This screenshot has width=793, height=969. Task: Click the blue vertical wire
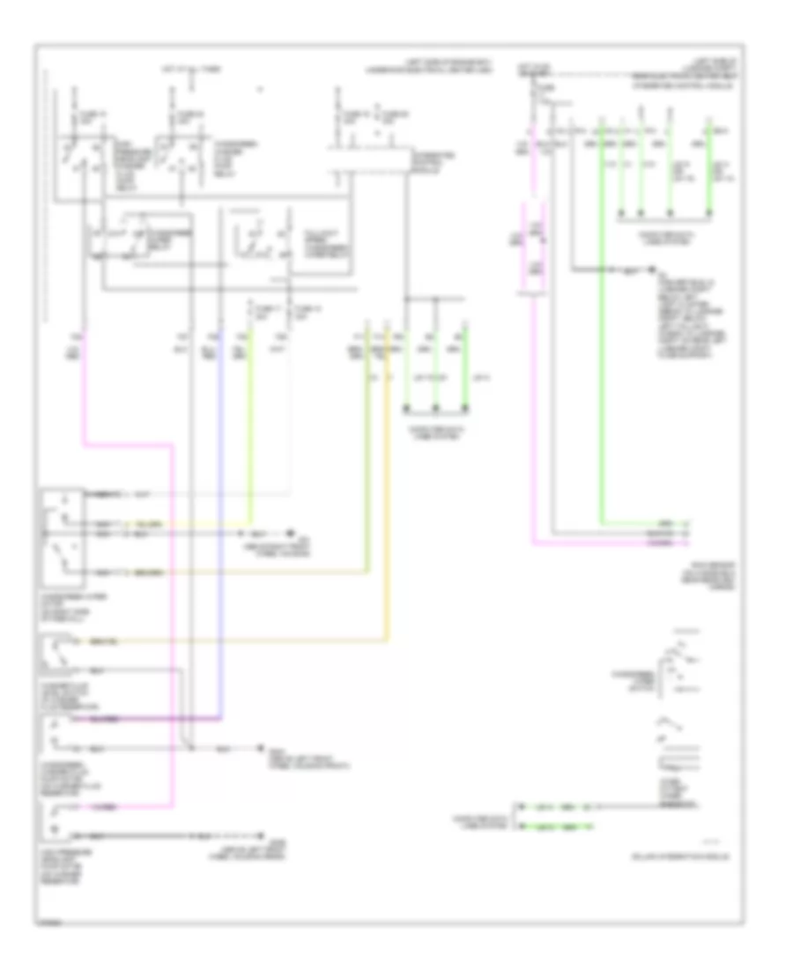point(220,529)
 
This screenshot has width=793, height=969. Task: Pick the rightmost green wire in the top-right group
point(712,176)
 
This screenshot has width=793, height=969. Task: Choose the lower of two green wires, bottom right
point(555,826)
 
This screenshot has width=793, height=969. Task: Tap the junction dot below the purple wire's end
point(191,749)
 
